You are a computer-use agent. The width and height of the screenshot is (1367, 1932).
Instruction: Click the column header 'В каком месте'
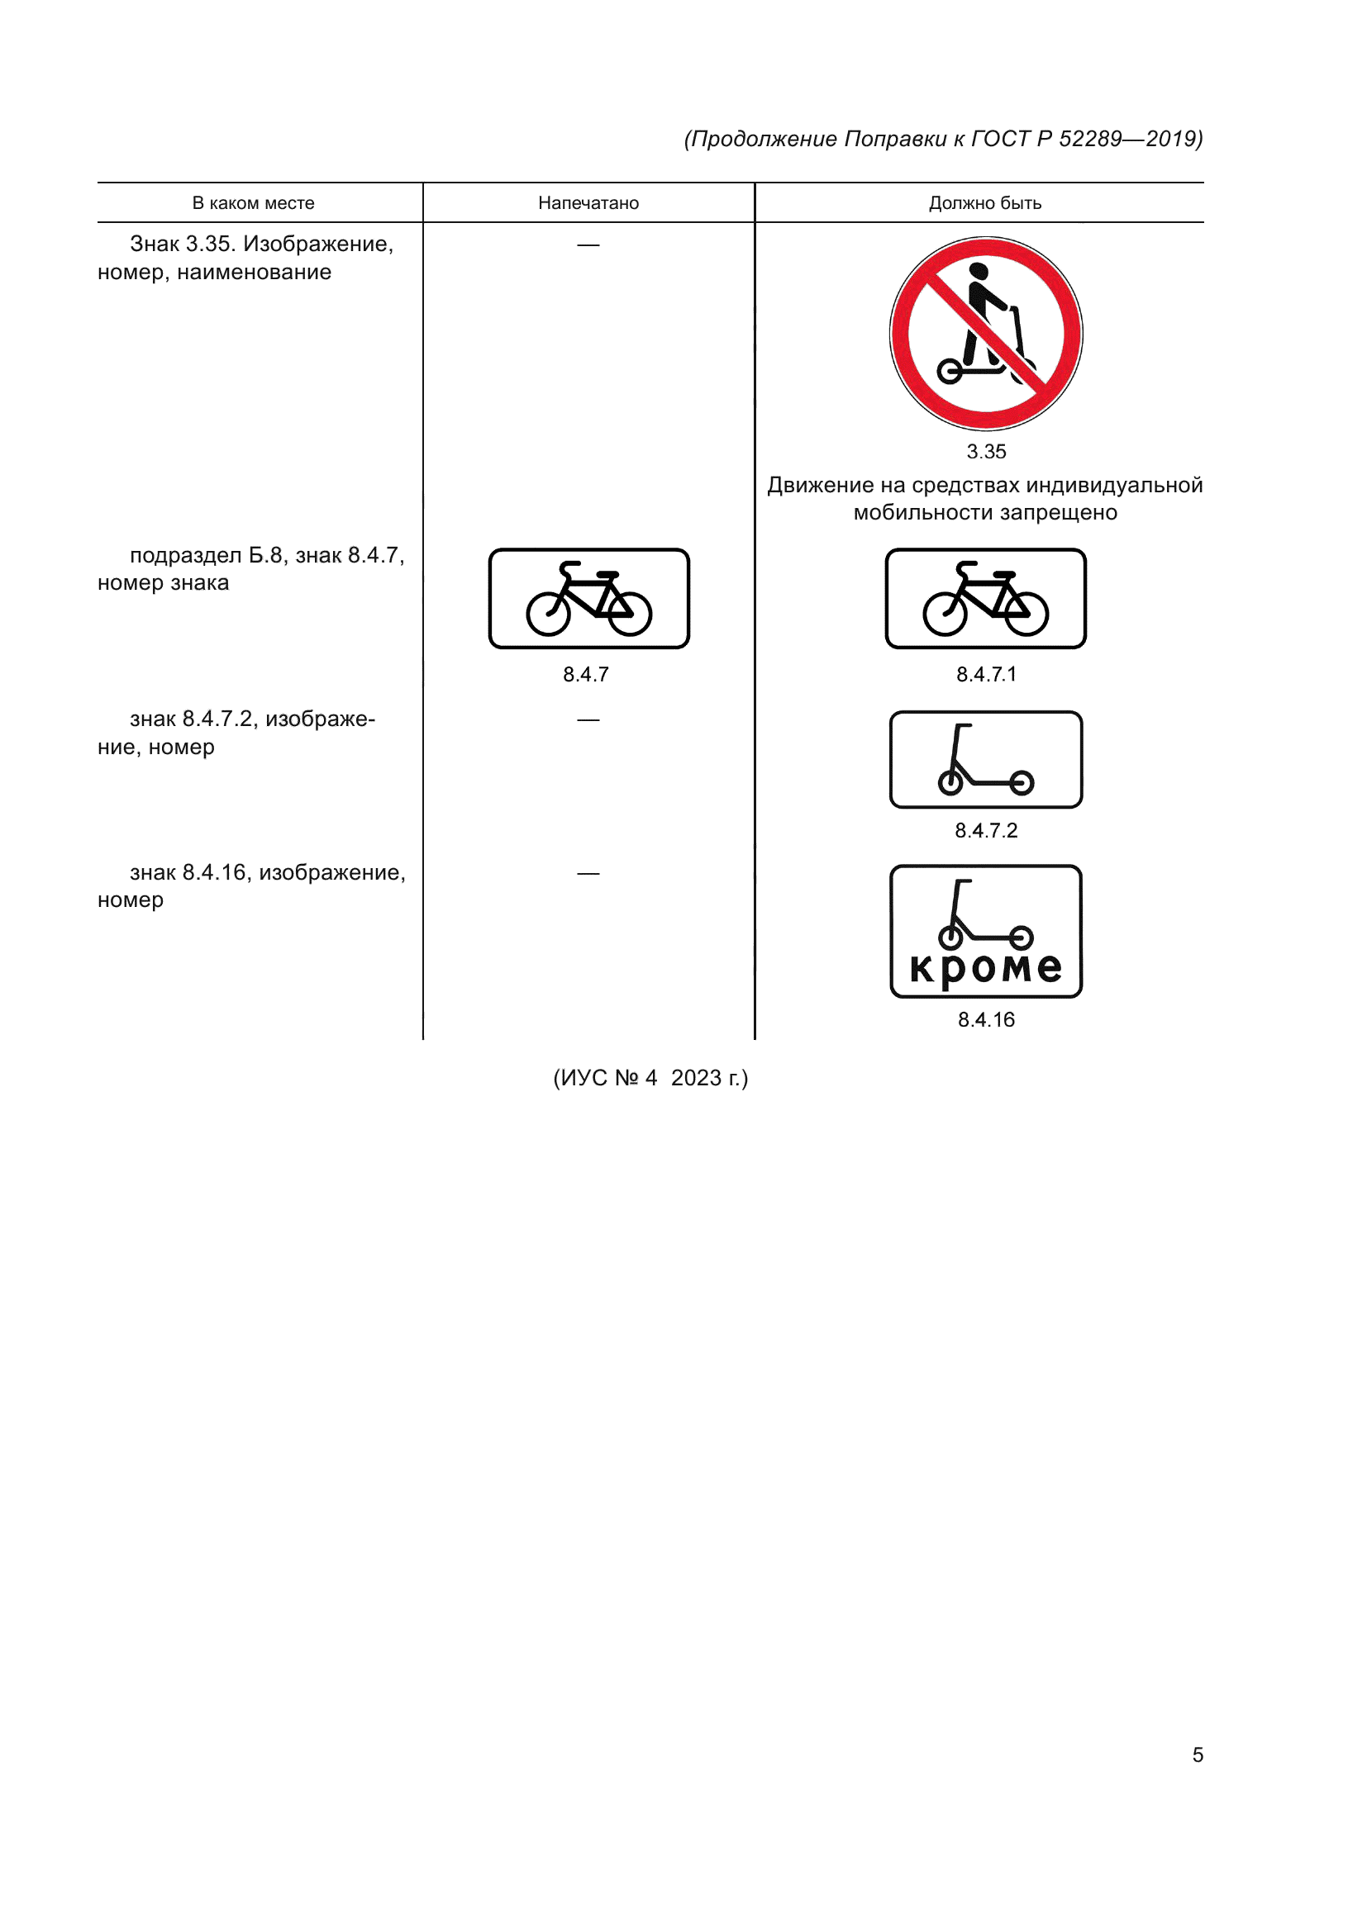point(254,203)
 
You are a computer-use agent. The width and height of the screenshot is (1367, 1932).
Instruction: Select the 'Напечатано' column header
point(588,203)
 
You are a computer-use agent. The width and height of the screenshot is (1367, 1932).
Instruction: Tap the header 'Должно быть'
point(985,203)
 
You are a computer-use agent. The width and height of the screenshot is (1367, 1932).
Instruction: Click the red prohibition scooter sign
point(986,334)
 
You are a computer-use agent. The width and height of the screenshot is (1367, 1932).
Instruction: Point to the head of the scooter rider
point(978,272)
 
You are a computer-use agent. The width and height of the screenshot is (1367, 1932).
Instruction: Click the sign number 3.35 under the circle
point(986,452)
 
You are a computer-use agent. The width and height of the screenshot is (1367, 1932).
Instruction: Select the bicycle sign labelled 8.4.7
point(588,598)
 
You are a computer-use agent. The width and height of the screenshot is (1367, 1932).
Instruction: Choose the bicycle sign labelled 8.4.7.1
point(986,598)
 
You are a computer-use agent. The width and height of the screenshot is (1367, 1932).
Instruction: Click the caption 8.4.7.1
point(986,674)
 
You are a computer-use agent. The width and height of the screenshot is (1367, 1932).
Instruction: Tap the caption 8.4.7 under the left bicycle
point(586,674)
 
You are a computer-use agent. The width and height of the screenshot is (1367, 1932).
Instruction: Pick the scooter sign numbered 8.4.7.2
point(986,760)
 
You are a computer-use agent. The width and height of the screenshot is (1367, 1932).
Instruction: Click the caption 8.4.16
point(986,1020)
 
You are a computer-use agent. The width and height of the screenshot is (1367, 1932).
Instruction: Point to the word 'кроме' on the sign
point(986,969)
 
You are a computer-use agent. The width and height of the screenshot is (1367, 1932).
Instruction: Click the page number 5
point(1198,1754)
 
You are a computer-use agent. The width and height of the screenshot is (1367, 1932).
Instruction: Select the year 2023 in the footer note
point(696,1078)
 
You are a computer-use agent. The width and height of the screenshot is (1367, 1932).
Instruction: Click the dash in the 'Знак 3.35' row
point(588,244)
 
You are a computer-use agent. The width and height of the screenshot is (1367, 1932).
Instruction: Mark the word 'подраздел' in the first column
point(185,555)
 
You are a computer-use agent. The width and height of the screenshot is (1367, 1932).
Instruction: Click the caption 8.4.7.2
point(986,830)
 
